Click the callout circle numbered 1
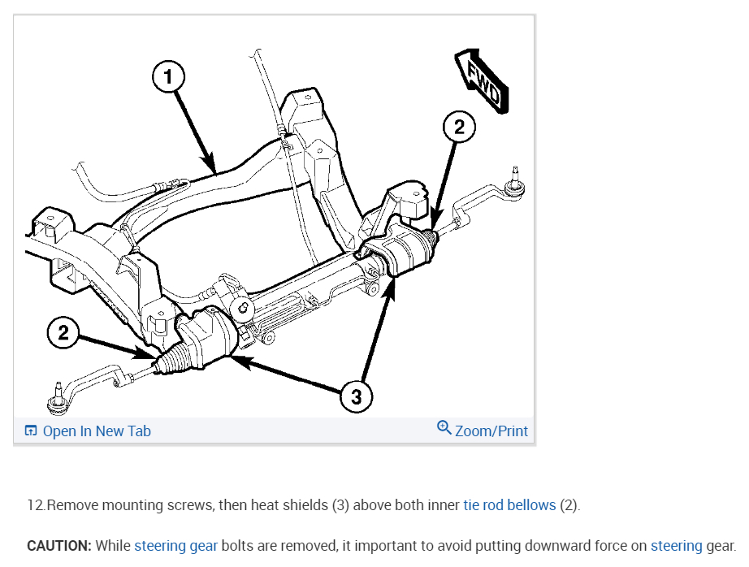tap(168, 78)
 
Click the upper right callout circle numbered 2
tap(459, 127)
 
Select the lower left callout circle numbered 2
tap(63, 331)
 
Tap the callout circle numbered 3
tap(356, 396)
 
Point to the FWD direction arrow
tap(483, 80)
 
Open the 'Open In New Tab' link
tap(96, 431)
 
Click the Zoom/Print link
tap(491, 431)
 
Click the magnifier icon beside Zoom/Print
tap(444, 427)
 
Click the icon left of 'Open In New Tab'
tap(31, 431)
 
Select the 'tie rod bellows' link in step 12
tap(509, 505)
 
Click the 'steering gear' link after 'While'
tap(175, 546)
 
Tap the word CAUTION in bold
tap(58, 546)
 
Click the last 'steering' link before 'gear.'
tap(676, 546)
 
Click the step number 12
tap(36, 505)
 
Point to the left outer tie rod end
tap(58, 398)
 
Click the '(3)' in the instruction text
tap(340, 505)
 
